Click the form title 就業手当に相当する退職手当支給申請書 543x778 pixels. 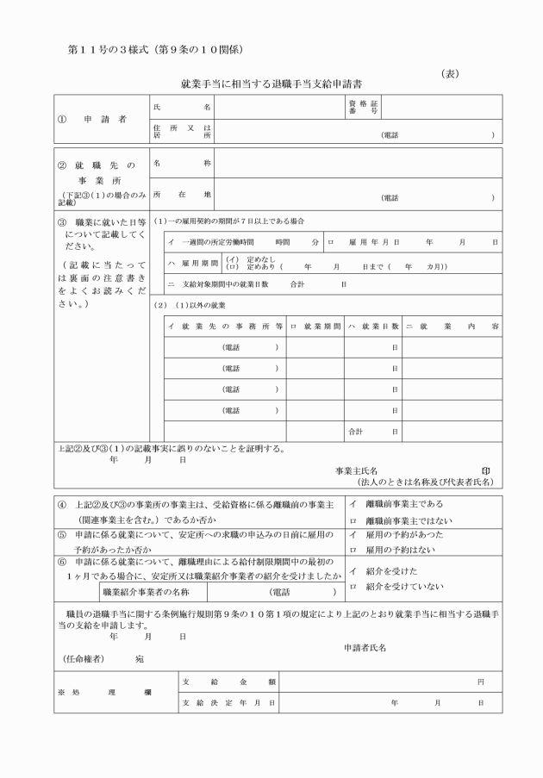click(271, 84)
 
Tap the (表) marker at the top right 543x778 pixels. click(450, 73)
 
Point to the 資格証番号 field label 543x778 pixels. click(367, 108)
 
